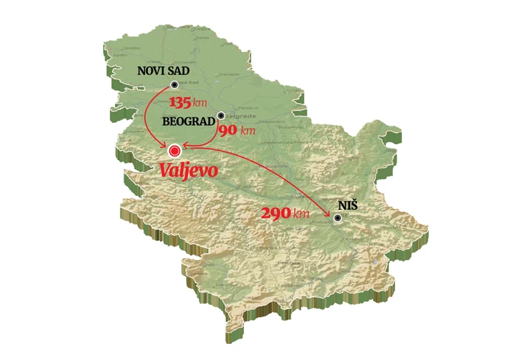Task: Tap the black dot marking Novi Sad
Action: click(175, 85)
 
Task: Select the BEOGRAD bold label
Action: click(189, 121)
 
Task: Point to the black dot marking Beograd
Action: click(220, 116)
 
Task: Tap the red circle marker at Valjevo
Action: click(176, 151)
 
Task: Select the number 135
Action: click(182, 102)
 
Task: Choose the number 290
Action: click(275, 214)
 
